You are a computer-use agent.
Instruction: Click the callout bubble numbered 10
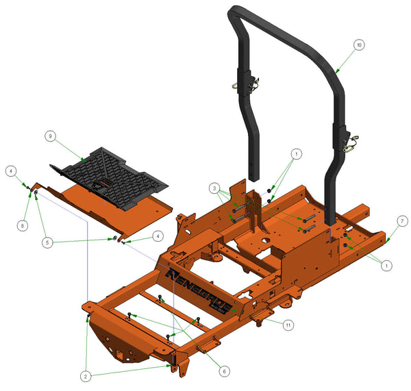(358, 45)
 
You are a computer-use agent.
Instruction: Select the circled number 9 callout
(50, 136)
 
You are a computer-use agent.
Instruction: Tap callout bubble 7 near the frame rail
(402, 220)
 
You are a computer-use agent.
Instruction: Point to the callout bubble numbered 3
(214, 188)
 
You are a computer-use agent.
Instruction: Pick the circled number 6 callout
(224, 370)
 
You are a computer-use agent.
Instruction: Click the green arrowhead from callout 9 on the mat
(84, 160)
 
